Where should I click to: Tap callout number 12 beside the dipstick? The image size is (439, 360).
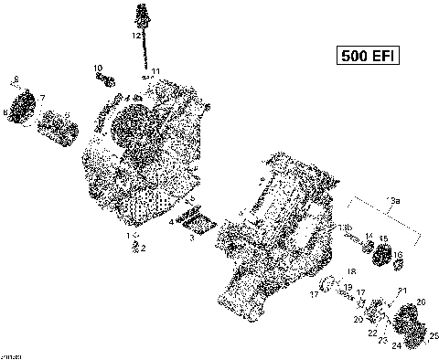pyautogui.click(x=135, y=37)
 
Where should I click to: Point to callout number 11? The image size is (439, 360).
pyautogui.click(x=156, y=71)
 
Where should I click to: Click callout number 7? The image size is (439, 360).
pyautogui.click(x=41, y=96)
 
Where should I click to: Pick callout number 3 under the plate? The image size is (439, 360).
pyautogui.click(x=191, y=237)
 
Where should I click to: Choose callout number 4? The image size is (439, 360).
pyautogui.click(x=170, y=221)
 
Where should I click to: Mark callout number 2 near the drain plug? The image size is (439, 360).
pyautogui.click(x=142, y=247)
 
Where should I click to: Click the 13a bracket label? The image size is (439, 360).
pyautogui.click(x=394, y=200)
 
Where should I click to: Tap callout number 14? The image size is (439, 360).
pyautogui.click(x=369, y=237)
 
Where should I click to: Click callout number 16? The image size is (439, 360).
pyautogui.click(x=400, y=244)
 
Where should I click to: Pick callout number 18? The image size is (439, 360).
pyautogui.click(x=350, y=272)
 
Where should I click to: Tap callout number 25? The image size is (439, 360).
pyautogui.click(x=434, y=335)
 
